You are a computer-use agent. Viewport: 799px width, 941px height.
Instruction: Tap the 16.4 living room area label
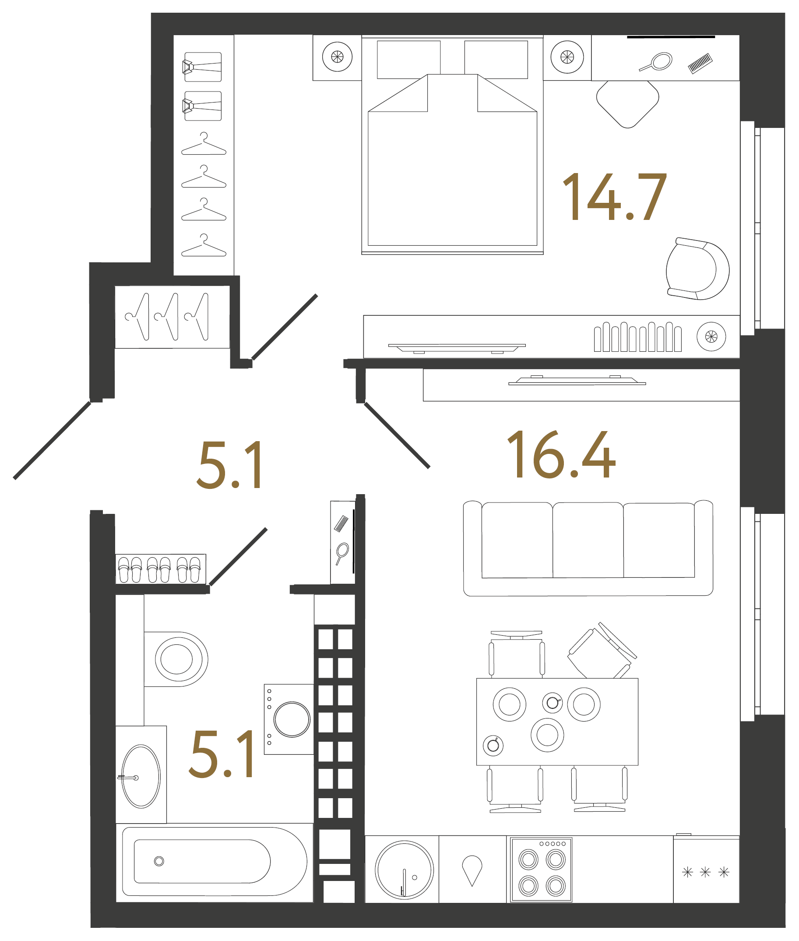561,455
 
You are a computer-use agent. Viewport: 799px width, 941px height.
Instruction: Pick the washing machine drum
292,719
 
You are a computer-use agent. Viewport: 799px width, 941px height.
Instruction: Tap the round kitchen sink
404,870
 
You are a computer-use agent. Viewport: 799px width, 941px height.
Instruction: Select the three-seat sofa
588,548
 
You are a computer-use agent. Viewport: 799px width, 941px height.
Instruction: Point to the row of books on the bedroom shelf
637,337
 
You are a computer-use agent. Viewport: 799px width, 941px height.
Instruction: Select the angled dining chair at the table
602,652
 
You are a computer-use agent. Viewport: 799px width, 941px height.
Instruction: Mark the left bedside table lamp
337,57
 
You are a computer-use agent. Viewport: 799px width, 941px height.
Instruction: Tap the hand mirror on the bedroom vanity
657,62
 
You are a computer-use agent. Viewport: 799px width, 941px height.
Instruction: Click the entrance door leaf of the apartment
52,440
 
